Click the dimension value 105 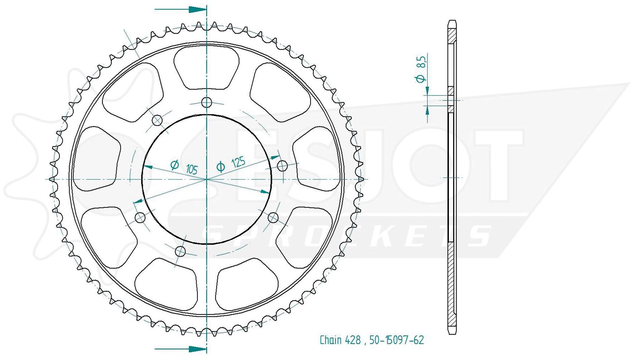pos(192,169)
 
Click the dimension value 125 pos(238,162)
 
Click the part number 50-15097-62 pos(396,340)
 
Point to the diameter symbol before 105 pos(175,165)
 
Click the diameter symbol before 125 pos(221,166)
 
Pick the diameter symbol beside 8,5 pos(421,78)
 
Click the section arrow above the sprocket pos(181,9)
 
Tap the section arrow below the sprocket pos(181,349)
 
